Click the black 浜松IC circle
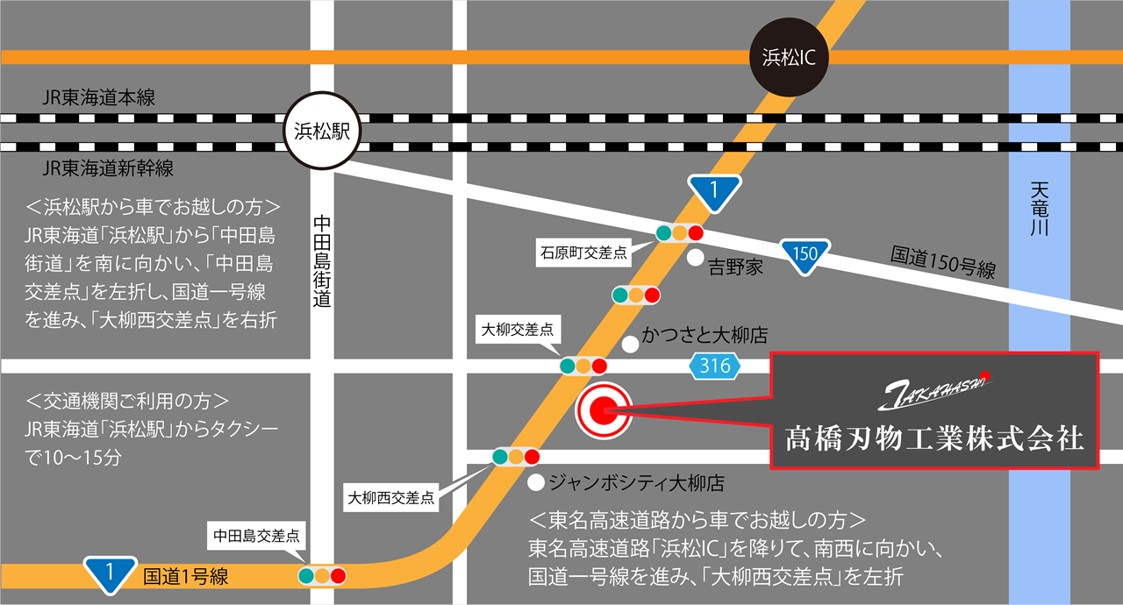click(x=789, y=58)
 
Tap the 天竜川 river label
click(x=1040, y=210)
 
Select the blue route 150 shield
click(x=805, y=255)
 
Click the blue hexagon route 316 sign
click(x=715, y=367)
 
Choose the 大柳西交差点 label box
click(x=391, y=498)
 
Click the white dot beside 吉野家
click(x=694, y=259)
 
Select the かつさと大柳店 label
click(x=705, y=336)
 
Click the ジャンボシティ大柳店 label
click(x=636, y=483)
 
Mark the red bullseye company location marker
click(x=603, y=409)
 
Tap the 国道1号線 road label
click(x=185, y=576)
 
